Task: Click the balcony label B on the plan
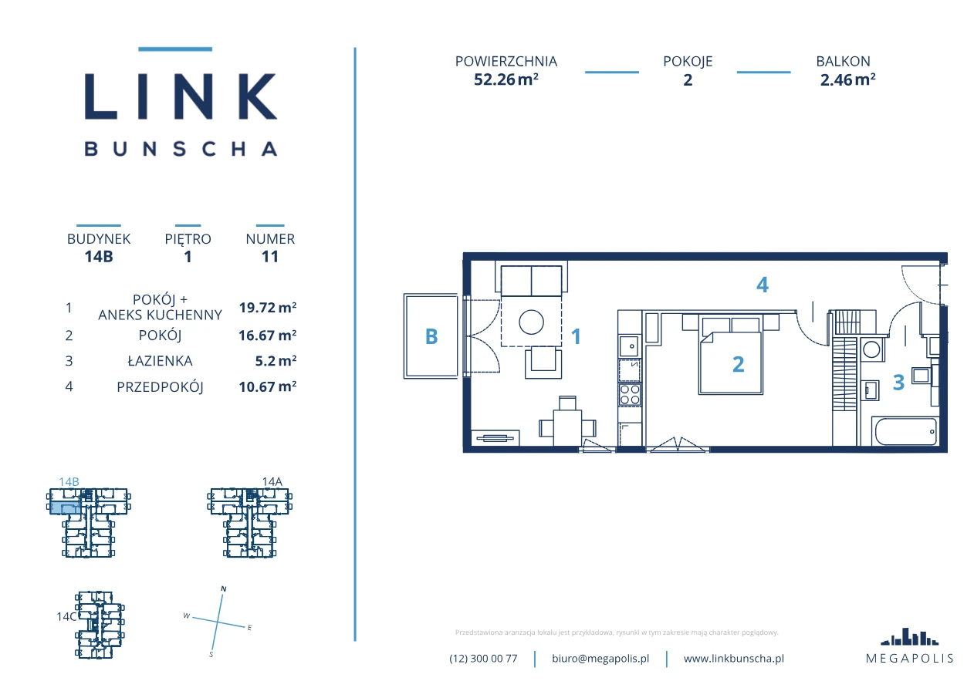click(431, 336)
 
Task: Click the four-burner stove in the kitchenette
click(630, 395)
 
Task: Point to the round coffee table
click(531, 322)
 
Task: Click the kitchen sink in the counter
click(630, 346)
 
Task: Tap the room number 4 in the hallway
click(763, 285)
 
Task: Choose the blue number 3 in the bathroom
click(898, 383)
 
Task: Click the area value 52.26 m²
click(506, 79)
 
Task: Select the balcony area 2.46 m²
click(847, 79)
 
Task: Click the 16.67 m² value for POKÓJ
click(267, 336)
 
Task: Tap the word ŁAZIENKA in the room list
click(160, 361)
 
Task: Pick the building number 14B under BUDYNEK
click(99, 256)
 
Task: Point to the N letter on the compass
click(224, 589)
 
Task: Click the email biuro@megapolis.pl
click(600, 659)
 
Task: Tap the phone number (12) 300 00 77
click(483, 659)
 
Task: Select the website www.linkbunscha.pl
click(733, 659)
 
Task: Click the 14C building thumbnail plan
click(100, 625)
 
